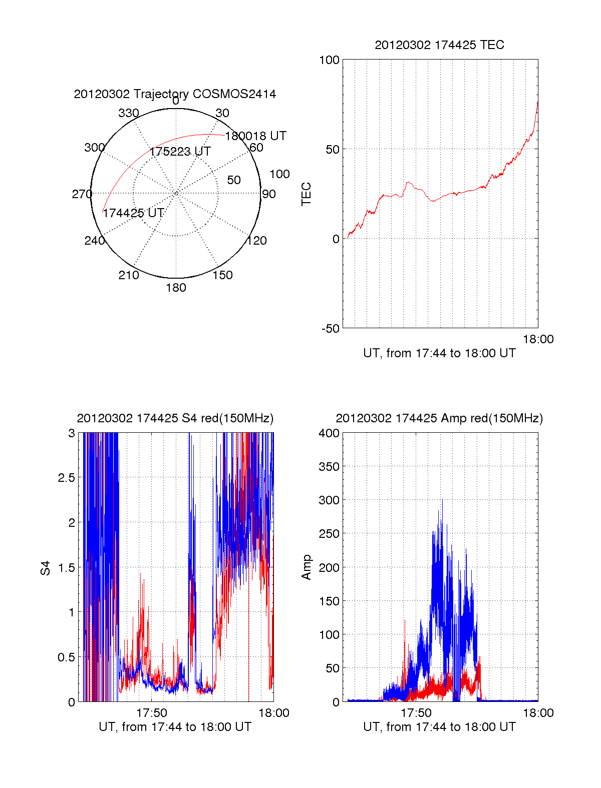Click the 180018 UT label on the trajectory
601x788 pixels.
255,136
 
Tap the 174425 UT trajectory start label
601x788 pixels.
133,213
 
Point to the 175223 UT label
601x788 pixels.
180,151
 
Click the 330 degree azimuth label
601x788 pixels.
128,113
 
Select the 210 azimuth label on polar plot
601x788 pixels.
128,275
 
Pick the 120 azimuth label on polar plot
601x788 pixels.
256,241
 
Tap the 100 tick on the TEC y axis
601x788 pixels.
329,60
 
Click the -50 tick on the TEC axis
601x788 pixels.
330,329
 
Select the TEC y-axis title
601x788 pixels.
306,194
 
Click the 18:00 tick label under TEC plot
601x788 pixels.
538,339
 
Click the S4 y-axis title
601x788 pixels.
46,568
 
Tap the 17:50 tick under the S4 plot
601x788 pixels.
152,713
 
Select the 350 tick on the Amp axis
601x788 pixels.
329,467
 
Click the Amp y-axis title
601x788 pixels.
306,567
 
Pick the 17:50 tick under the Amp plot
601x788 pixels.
416,713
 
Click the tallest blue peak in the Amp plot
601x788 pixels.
442,500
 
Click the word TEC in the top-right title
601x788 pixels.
492,45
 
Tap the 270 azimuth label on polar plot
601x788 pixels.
82,194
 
